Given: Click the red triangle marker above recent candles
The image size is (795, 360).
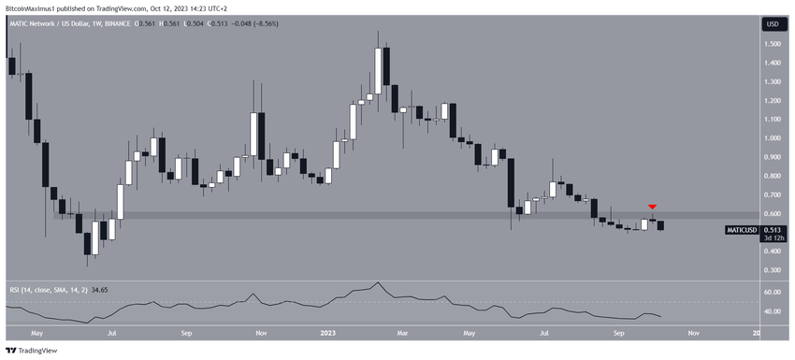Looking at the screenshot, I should (x=653, y=206).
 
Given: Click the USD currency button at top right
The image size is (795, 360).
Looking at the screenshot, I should (x=773, y=23).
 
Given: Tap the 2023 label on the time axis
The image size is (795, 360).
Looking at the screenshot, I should (x=327, y=331).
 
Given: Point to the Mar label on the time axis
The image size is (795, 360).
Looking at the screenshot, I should (x=400, y=331).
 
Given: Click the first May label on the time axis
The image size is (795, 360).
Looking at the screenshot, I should (x=36, y=331).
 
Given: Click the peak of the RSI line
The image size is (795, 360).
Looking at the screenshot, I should (x=378, y=282).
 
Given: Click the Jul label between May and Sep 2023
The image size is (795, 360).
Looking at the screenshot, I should (x=543, y=331).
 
